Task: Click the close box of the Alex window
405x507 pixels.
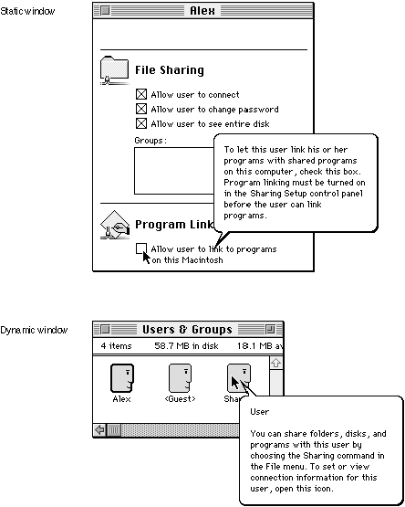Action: tap(105, 11)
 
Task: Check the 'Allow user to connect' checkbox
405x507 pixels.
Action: tap(141, 94)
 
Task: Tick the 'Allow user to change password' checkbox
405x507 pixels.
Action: tap(141, 109)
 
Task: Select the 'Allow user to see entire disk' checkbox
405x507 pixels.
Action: tap(141, 123)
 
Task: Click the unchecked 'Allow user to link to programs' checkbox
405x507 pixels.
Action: tap(141, 248)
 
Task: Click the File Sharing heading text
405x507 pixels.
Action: tap(170, 70)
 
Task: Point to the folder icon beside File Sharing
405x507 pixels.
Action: tap(114, 70)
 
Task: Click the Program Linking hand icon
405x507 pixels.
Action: tap(114, 225)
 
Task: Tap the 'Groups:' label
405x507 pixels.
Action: tap(151, 141)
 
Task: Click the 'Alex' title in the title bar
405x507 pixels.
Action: tap(202, 11)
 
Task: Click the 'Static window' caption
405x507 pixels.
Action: tap(27, 11)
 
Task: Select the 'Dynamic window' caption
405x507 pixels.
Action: tap(34, 330)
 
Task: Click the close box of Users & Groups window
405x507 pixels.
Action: tap(105, 329)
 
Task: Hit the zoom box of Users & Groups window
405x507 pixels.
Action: tap(270, 329)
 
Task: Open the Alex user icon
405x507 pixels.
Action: tap(122, 377)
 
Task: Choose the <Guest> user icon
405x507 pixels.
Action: tap(181, 377)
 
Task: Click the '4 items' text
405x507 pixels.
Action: tap(116, 346)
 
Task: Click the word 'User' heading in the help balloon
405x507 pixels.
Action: tap(259, 412)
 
